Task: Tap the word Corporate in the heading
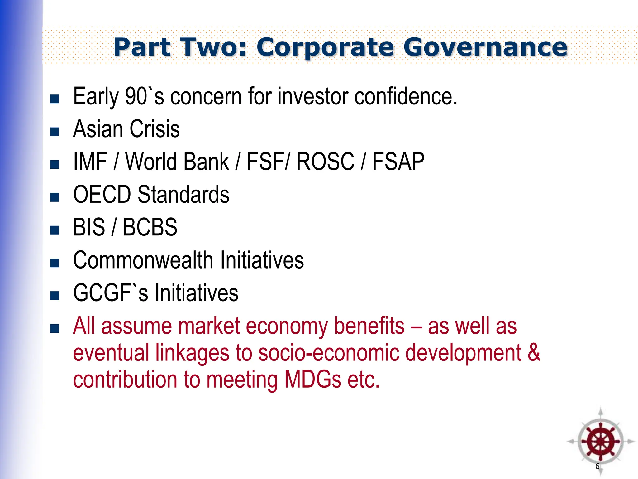click(x=325, y=47)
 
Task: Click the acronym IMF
click(x=90, y=162)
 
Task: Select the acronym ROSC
click(x=325, y=162)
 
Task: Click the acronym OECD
click(x=102, y=195)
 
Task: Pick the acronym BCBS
click(x=150, y=227)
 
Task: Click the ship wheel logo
click(x=600, y=442)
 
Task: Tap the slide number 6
click(x=597, y=466)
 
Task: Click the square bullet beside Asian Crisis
click(x=55, y=132)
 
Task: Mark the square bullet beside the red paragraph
click(x=55, y=329)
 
